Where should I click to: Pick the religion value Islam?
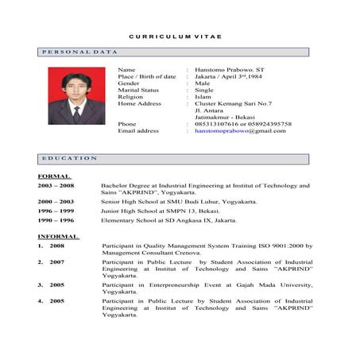(203, 97)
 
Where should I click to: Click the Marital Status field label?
(138, 90)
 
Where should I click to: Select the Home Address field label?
(139, 103)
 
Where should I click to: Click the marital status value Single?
(204, 90)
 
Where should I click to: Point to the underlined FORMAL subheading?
(54, 176)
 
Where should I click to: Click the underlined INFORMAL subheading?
(58, 237)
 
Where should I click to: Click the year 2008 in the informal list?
(57, 246)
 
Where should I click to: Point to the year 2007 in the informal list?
(57, 261)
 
